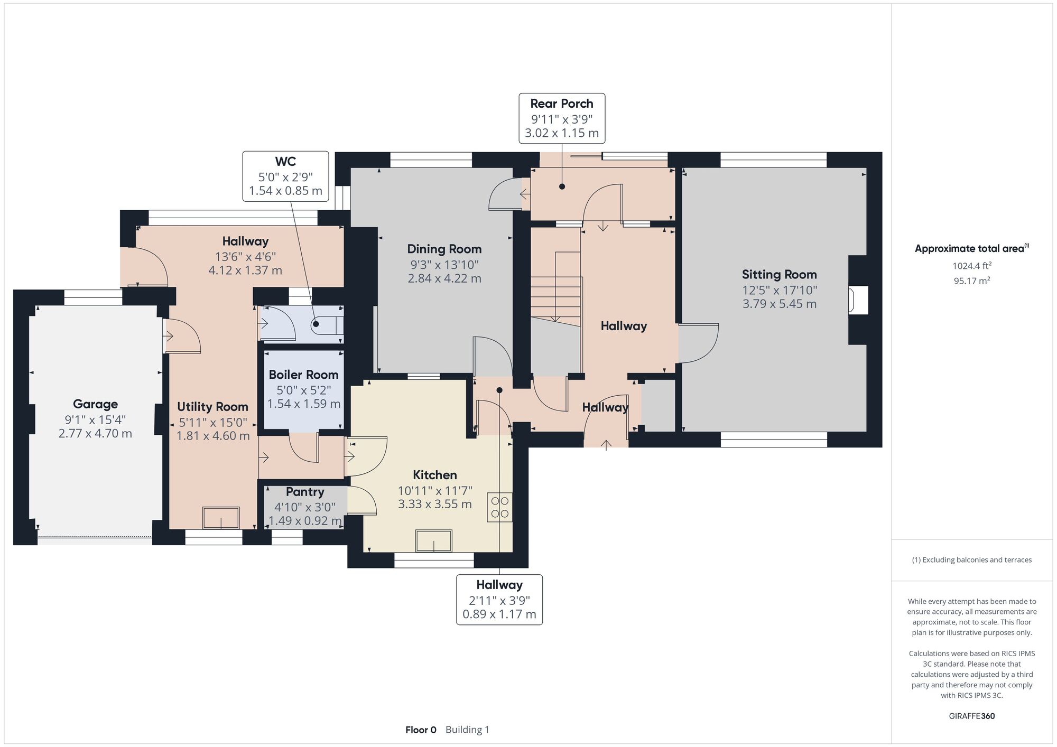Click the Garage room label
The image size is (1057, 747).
[x=95, y=404]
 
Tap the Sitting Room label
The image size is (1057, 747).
[x=779, y=275]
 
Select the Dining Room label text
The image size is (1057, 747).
[x=444, y=249]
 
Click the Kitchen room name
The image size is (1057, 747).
[x=435, y=475]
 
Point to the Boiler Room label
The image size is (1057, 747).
[x=303, y=375]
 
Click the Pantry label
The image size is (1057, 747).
[x=305, y=492]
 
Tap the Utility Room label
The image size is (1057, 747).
[x=212, y=407]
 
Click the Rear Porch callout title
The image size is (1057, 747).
[x=562, y=104]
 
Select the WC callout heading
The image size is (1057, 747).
[x=285, y=162]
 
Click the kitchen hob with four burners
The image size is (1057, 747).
[x=500, y=507]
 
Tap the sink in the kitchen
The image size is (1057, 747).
[x=434, y=541]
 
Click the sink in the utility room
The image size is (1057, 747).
[x=221, y=518]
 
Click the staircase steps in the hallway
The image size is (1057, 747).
[x=555, y=288]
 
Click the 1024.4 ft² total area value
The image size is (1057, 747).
[x=972, y=266]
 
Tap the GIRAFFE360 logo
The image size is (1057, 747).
[x=972, y=716]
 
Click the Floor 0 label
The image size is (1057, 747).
[x=421, y=730]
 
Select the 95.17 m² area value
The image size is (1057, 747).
[x=972, y=281]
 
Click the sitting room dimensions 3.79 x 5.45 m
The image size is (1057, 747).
[x=780, y=304]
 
